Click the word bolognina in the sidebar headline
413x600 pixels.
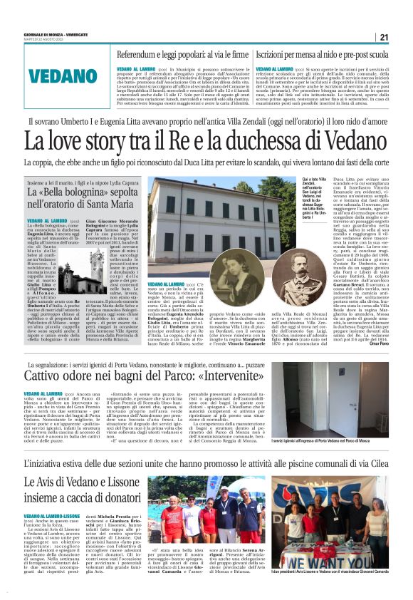88,194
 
